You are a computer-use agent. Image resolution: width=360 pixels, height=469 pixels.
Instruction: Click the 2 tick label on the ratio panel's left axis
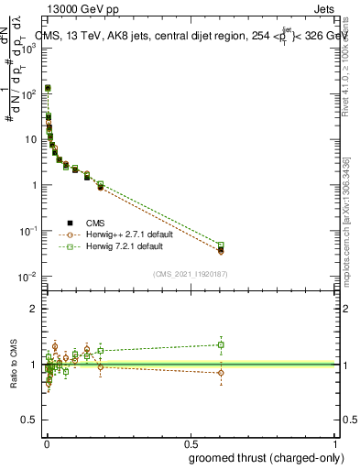pyautogui.click(x=35, y=309)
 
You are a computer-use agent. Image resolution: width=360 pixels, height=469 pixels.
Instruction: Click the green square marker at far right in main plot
pyautogui.click(x=220, y=245)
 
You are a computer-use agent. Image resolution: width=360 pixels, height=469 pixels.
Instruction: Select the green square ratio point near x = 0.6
pyautogui.click(x=220, y=345)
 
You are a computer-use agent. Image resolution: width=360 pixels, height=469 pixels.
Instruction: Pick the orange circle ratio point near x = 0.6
pyautogui.click(x=220, y=373)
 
